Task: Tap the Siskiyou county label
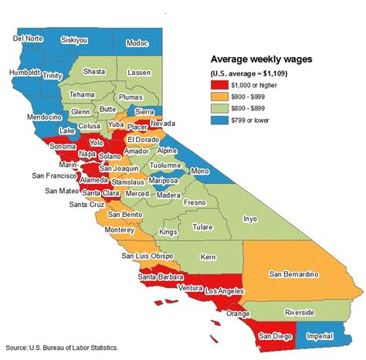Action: coord(76,38)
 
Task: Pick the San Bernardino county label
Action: coord(293,272)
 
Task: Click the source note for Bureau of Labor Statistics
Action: coord(61,348)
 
